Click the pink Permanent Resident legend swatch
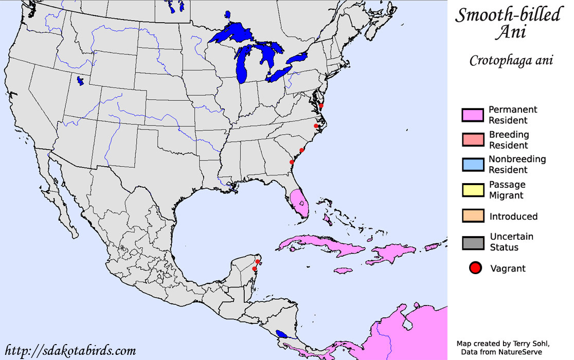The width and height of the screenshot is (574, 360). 473,115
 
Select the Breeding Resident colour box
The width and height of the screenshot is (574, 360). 473,139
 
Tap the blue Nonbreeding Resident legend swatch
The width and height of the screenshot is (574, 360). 473,165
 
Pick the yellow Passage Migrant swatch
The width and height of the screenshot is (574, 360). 473,190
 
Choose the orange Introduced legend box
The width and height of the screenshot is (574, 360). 473,215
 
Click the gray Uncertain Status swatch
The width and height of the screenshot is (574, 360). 473,242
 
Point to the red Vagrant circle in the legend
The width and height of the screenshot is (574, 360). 476,268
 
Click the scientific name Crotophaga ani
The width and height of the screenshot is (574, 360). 511,61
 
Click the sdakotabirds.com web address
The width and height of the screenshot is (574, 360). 69,351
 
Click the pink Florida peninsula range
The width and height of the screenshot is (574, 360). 299,202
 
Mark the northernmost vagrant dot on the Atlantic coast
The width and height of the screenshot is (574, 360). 321,105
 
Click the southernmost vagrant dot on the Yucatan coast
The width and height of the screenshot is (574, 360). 254,268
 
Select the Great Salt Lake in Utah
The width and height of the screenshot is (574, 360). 80,81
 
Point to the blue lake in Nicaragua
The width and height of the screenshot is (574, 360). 281,334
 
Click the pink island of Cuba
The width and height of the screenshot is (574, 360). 314,246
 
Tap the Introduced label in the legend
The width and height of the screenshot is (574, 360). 513,217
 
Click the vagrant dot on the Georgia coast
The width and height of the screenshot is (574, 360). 292,162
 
